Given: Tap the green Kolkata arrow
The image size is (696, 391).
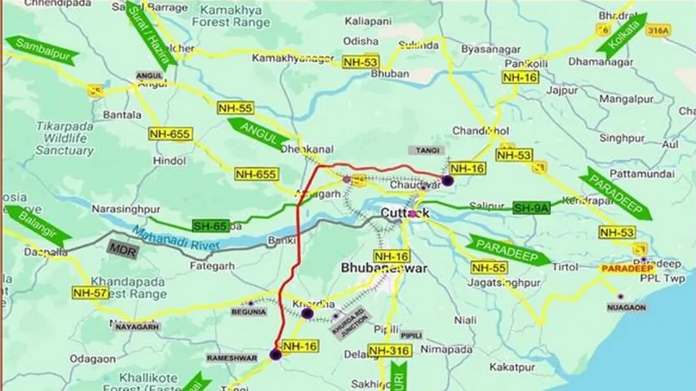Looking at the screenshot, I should pos(622,36).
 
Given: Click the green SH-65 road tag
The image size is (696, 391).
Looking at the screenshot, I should pos(211,224).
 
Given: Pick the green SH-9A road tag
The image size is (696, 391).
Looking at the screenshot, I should pos(531,209).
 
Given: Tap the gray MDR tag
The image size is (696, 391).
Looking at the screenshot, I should pos(122,247).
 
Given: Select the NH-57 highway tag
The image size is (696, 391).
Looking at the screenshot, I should pos(90,292).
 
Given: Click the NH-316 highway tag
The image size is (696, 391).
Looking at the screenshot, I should pos(388,350).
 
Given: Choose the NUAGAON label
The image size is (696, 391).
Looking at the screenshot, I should pos(627,309).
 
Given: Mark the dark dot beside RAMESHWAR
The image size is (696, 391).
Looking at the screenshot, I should pos(276,353).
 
